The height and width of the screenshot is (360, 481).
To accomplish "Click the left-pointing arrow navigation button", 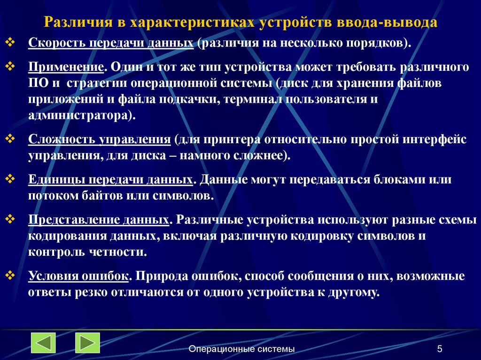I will (43, 343).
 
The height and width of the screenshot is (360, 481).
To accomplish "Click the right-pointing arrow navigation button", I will (87, 343).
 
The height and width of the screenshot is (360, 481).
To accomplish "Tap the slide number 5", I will (439, 349).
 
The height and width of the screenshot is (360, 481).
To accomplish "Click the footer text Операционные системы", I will (241, 349).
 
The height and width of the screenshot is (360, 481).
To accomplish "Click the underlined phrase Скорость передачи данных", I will (111, 43).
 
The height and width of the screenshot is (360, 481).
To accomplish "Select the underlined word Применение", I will (66, 66).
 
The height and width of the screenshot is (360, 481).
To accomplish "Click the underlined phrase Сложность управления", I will (99, 139).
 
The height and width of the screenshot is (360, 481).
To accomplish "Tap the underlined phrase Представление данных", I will (99, 220).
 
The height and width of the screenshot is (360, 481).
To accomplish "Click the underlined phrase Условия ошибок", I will (78, 276).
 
